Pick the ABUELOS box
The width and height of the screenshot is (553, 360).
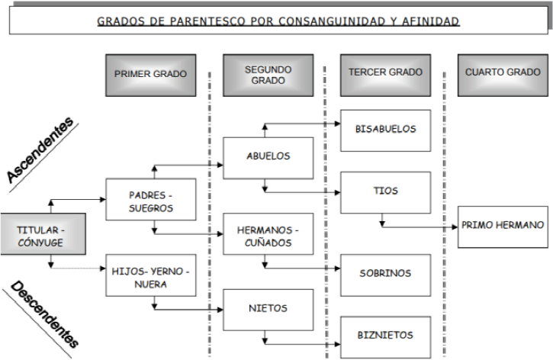coord(268,157)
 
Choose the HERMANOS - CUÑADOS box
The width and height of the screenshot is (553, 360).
coord(268,233)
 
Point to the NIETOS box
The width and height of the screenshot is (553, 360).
coord(268,309)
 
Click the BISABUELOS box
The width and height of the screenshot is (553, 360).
coord(385,130)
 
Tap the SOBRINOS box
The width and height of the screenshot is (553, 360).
coord(385,272)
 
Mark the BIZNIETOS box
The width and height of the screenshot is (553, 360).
coord(385,335)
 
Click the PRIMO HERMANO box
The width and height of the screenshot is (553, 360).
coord(503,226)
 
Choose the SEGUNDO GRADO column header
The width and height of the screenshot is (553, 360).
coord(268,75)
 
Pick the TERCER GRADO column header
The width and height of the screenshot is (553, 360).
coord(385,75)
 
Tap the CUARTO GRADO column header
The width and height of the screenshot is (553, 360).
coord(503,75)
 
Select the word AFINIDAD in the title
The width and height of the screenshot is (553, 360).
coord(430,21)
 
